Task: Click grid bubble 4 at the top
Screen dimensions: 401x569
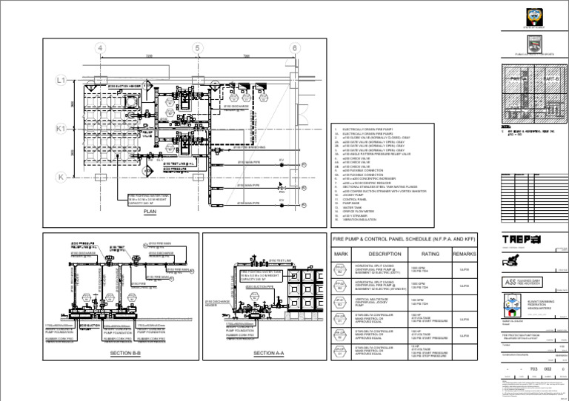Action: click(100, 49)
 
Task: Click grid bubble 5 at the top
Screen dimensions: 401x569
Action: click(197, 49)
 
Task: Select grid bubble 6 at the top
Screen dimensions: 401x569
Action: click(294, 49)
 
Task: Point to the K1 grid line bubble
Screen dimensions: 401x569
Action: click(61, 128)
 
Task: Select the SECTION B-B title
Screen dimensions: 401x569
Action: click(120, 354)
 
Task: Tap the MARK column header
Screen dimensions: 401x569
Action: click(342, 254)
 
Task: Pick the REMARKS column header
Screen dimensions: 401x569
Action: click(465, 254)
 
